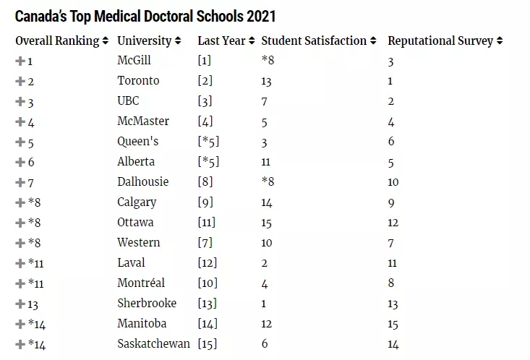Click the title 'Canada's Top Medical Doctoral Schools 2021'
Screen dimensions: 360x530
(145, 16)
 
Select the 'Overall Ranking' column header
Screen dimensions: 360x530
(57, 40)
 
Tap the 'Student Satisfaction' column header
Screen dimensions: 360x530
(314, 40)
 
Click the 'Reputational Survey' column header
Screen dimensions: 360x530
(441, 40)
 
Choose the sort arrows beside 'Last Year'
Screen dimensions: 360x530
(251, 41)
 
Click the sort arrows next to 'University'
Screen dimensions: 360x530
(178, 41)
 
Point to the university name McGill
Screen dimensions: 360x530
(134, 61)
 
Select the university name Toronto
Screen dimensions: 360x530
(137, 81)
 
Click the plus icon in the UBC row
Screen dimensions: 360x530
(20, 101)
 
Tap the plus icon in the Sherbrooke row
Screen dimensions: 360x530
(20, 304)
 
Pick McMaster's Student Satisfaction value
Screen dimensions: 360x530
(265, 121)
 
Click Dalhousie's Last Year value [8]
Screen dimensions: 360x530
(206, 182)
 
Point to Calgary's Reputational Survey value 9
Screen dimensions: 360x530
(392, 202)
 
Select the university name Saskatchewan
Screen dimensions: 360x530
(153, 344)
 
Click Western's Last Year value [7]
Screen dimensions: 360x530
(206, 243)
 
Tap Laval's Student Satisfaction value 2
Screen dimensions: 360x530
(265, 263)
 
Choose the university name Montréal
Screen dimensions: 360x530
(141, 283)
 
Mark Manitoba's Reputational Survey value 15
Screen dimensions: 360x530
(394, 324)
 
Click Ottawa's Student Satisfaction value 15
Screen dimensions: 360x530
(268, 223)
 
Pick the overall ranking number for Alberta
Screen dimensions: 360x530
(30, 162)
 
